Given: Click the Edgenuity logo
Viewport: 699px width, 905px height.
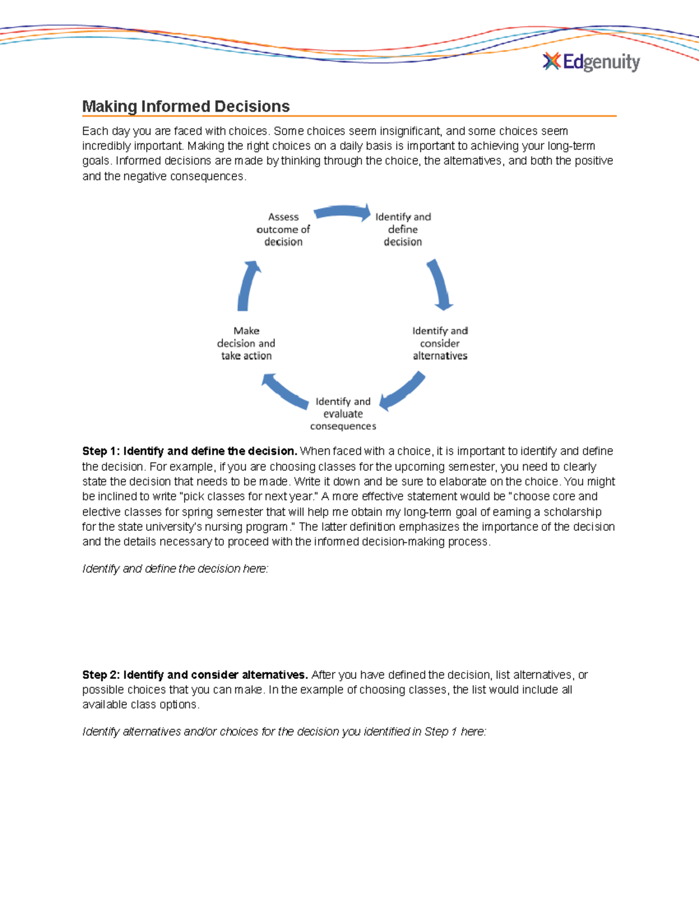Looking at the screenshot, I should click(x=591, y=62).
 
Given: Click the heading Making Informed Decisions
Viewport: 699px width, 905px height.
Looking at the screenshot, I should click(x=186, y=107).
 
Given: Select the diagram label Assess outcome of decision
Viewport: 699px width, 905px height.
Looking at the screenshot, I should click(x=283, y=229).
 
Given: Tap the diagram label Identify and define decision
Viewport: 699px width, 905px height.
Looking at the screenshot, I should click(x=403, y=229).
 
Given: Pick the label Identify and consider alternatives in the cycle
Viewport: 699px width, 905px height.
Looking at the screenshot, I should click(x=440, y=343).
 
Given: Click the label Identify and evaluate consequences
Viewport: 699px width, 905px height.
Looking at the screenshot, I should click(x=343, y=414).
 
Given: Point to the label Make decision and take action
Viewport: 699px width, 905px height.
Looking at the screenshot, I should click(x=246, y=343).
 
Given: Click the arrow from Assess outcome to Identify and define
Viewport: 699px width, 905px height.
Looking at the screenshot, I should click(x=343, y=213).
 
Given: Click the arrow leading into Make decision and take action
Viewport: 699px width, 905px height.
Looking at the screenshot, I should click(x=284, y=392).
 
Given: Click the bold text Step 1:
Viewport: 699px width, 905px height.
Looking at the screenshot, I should click(x=101, y=451).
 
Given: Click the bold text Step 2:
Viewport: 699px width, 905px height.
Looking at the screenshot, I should click(x=101, y=675).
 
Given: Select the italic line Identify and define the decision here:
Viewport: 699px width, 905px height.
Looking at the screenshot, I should click(x=175, y=569).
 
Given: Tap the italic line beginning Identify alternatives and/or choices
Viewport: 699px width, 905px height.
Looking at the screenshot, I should click(x=284, y=731).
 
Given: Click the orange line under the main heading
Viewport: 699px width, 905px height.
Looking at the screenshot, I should click(x=349, y=116).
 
